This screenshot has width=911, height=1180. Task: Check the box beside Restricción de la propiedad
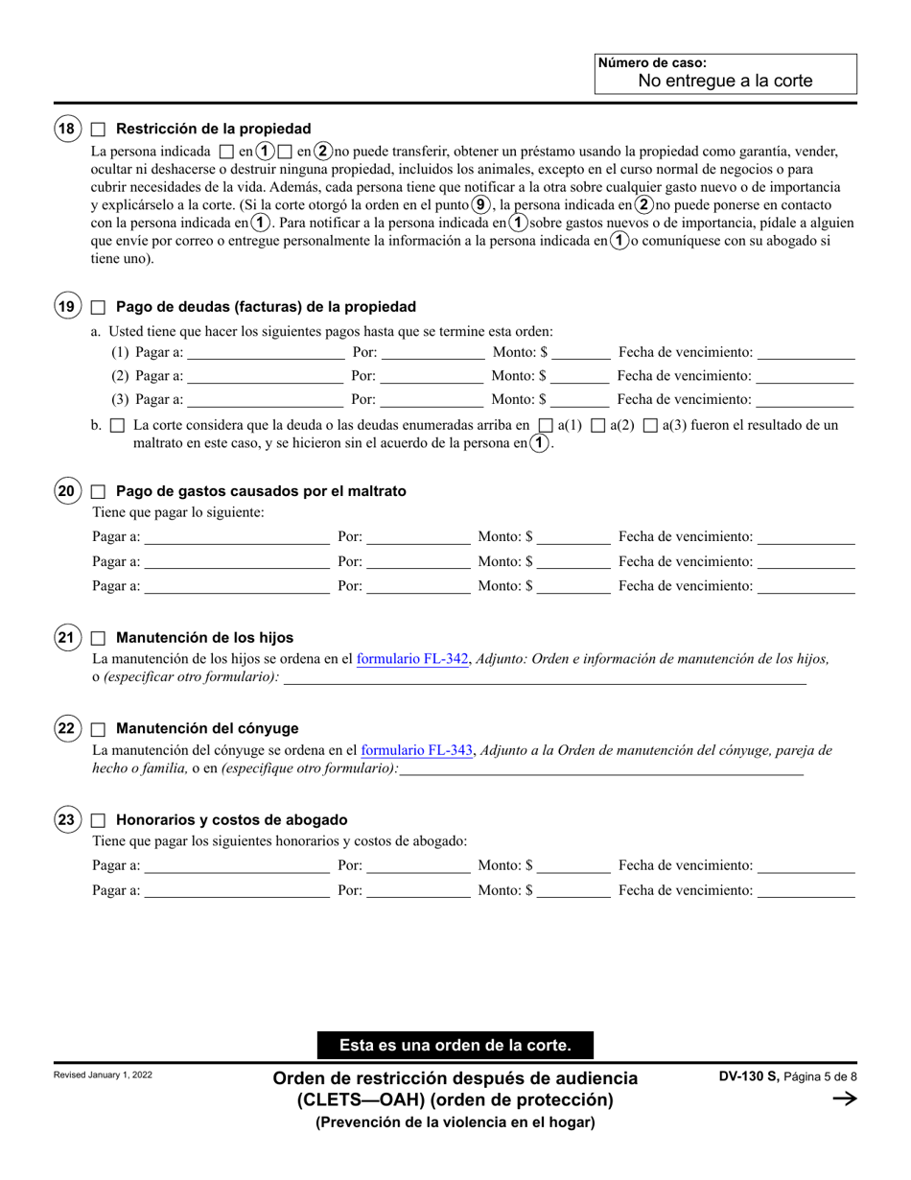[x=98, y=129]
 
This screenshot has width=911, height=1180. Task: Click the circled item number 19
[x=66, y=307]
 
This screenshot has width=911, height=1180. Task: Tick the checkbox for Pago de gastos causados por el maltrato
[x=98, y=491]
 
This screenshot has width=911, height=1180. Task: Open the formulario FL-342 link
[x=412, y=659]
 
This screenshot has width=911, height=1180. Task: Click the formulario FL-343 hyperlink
[x=416, y=751]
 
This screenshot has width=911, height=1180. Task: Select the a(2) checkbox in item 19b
[x=598, y=425]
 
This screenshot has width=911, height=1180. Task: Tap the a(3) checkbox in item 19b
[x=650, y=425]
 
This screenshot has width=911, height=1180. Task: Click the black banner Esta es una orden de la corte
[x=455, y=1046]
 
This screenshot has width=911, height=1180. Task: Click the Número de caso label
[x=651, y=63]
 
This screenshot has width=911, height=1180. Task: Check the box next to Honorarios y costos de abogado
[x=98, y=820]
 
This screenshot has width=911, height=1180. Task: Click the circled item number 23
[x=66, y=820]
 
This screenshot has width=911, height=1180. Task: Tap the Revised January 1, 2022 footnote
[x=104, y=1075]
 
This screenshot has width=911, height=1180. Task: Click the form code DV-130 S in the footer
[x=749, y=1077]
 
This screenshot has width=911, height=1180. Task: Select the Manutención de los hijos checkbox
[x=98, y=637]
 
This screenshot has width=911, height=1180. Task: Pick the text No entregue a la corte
[x=725, y=81]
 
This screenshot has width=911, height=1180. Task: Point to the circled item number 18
[x=66, y=129]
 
